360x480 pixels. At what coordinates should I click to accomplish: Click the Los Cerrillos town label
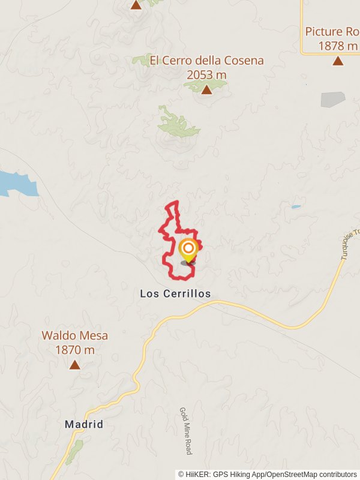point(175,294)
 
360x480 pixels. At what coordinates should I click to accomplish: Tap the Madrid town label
point(84,424)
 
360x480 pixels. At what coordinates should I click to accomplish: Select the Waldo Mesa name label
point(74,336)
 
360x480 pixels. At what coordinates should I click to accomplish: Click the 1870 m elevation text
point(74,350)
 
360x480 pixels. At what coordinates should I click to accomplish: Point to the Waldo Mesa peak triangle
point(74,364)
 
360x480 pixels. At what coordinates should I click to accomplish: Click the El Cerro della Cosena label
point(206,61)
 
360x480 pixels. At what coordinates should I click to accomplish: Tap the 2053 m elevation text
point(206,75)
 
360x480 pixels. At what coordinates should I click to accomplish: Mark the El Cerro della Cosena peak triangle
point(206,90)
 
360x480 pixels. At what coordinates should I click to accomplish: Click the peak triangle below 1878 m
point(338,61)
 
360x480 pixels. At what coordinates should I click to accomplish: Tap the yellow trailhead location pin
point(188,250)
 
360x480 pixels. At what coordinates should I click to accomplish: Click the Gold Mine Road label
point(185,431)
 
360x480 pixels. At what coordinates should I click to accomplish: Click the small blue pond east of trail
point(296,207)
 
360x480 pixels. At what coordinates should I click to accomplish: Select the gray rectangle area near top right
point(332,100)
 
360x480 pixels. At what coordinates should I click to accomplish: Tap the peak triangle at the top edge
point(136,5)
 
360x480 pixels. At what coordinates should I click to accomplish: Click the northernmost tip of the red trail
point(176,202)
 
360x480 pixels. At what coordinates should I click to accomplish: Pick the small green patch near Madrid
point(74,452)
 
